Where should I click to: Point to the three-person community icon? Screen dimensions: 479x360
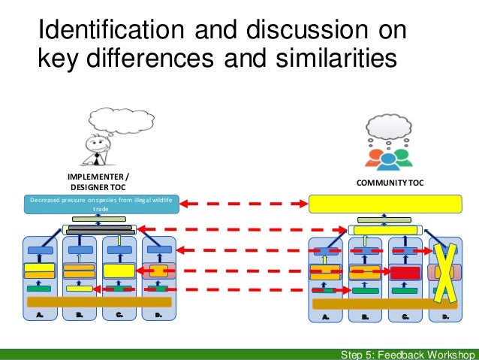pos(387,156)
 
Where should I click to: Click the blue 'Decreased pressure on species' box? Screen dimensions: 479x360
pos(100,204)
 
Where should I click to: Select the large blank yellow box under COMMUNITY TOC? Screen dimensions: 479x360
pos(385,204)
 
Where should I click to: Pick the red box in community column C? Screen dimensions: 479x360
pos(405,271)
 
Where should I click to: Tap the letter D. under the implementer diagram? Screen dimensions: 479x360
pos(158,316)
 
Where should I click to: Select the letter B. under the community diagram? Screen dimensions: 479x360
pos(366,318)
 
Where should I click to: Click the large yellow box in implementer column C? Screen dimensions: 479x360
pos(119,271)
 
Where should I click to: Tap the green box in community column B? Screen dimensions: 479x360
pos(365,290)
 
